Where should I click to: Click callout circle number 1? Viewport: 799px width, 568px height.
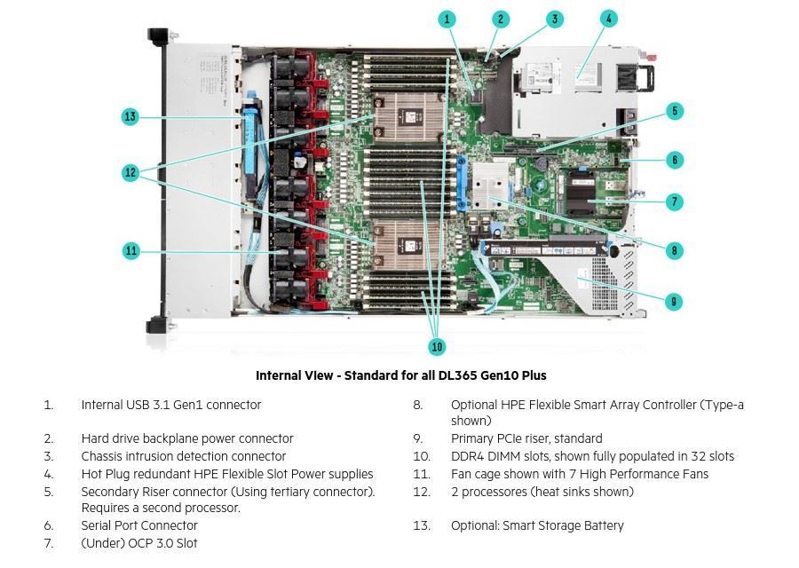point(447,19)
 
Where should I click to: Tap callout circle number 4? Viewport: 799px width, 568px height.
point(608,19)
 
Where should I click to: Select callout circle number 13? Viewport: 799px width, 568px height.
point(131,116)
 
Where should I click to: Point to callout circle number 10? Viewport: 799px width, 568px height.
point(437,346)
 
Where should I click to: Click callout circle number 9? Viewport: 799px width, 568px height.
point(675,302)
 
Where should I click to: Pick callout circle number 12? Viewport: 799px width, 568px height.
point(131,172)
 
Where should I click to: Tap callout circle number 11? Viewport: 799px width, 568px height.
point(131,251)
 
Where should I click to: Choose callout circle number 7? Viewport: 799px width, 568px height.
point(675,202)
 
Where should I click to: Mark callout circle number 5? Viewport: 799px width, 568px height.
point(675,111)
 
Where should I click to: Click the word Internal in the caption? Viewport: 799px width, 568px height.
point(277,375)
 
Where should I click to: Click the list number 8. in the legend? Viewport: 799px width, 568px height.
point(418,405)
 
